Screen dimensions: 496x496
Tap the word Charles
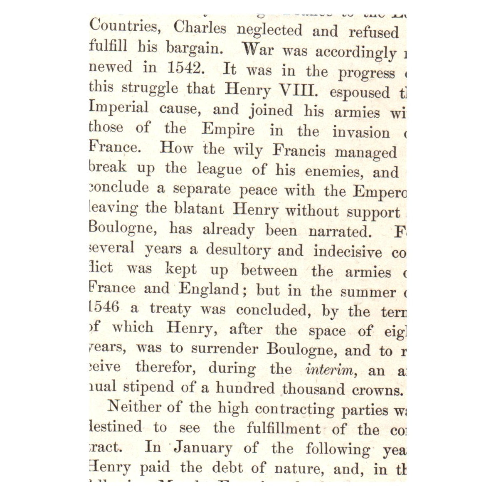point(200,28)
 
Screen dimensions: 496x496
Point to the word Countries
point(124,27)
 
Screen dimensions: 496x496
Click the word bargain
point(194,48)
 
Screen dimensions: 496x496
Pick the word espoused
point(360,92)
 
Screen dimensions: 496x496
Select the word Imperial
point(119,108)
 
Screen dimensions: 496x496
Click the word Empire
point(228,129)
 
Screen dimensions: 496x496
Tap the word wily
point(248,150)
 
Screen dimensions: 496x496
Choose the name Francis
point(299,151)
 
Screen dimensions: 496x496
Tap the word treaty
point(170,309)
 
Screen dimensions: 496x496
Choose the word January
point(203,448)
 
